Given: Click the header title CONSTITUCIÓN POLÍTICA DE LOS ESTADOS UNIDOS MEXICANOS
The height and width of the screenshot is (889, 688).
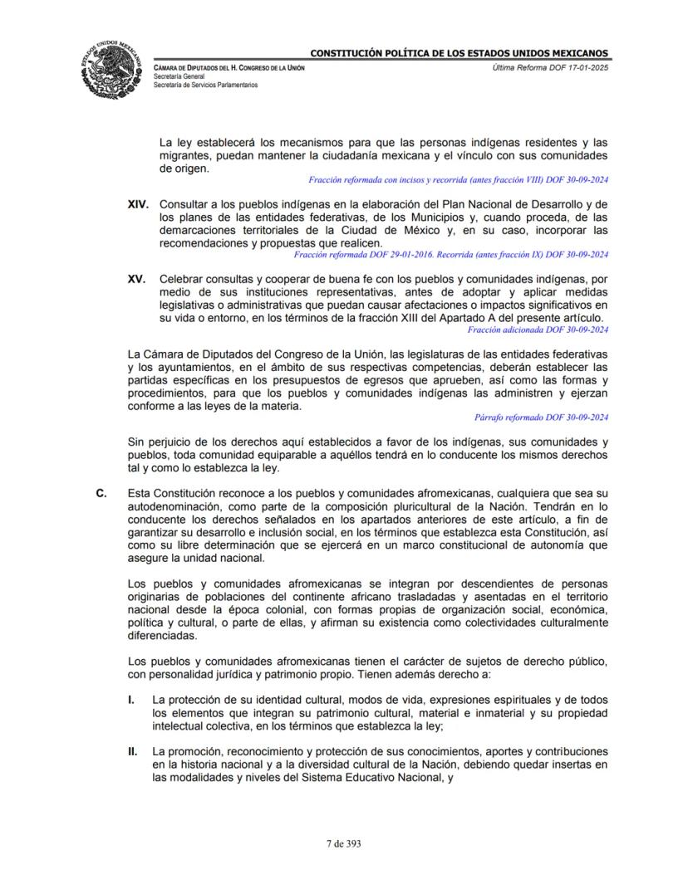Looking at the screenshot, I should (x=459, y=54).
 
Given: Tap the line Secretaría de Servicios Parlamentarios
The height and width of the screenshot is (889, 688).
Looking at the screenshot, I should (x=205, y=85).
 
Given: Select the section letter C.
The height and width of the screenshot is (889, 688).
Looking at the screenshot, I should (x=101, y=493).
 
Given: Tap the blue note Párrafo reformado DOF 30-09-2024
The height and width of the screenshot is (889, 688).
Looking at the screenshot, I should (x=541, y=417).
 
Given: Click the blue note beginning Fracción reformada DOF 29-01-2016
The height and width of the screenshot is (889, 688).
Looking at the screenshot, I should (x=464, y=254).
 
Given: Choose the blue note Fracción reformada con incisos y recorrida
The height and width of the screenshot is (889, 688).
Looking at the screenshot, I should (x=458, y=178).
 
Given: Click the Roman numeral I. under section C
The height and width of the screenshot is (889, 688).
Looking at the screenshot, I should (x=131, y=701).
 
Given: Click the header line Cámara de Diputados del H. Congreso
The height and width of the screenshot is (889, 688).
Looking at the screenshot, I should (x=229, y=66).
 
